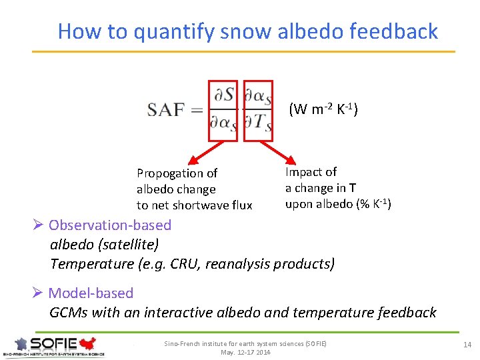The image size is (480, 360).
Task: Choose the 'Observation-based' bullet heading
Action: (x=110, y=225)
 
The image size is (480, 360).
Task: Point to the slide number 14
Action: (x=467, y=344)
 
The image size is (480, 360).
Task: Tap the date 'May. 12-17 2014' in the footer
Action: (x=245, y=352)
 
